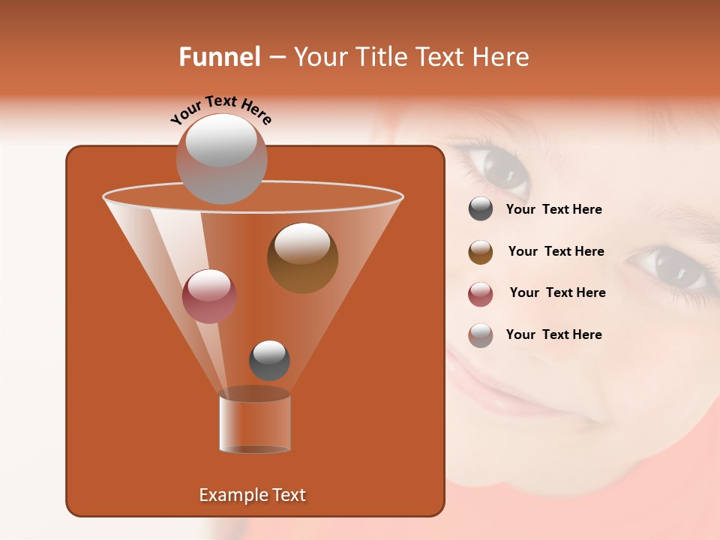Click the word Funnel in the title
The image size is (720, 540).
tap(220, 57)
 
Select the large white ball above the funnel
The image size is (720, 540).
tap(221, 158)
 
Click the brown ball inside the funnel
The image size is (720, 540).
tap(302, 258)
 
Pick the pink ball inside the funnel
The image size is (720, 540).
tap(209, 296)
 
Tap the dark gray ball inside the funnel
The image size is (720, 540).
tap(269, 360)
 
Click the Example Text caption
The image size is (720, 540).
tap(253, 495)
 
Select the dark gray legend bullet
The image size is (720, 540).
tap(481, 209)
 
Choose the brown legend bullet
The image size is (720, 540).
tap(481, 252)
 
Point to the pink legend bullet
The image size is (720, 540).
tap(481, 294)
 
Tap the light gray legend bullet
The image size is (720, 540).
tap(481, 335)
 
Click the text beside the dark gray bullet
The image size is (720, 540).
tap(553, 210)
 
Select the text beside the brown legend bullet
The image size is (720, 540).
tap(556, 252)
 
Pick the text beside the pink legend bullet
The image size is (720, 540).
tap(557, 293)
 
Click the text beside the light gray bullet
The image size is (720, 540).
tap(553, 334)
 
